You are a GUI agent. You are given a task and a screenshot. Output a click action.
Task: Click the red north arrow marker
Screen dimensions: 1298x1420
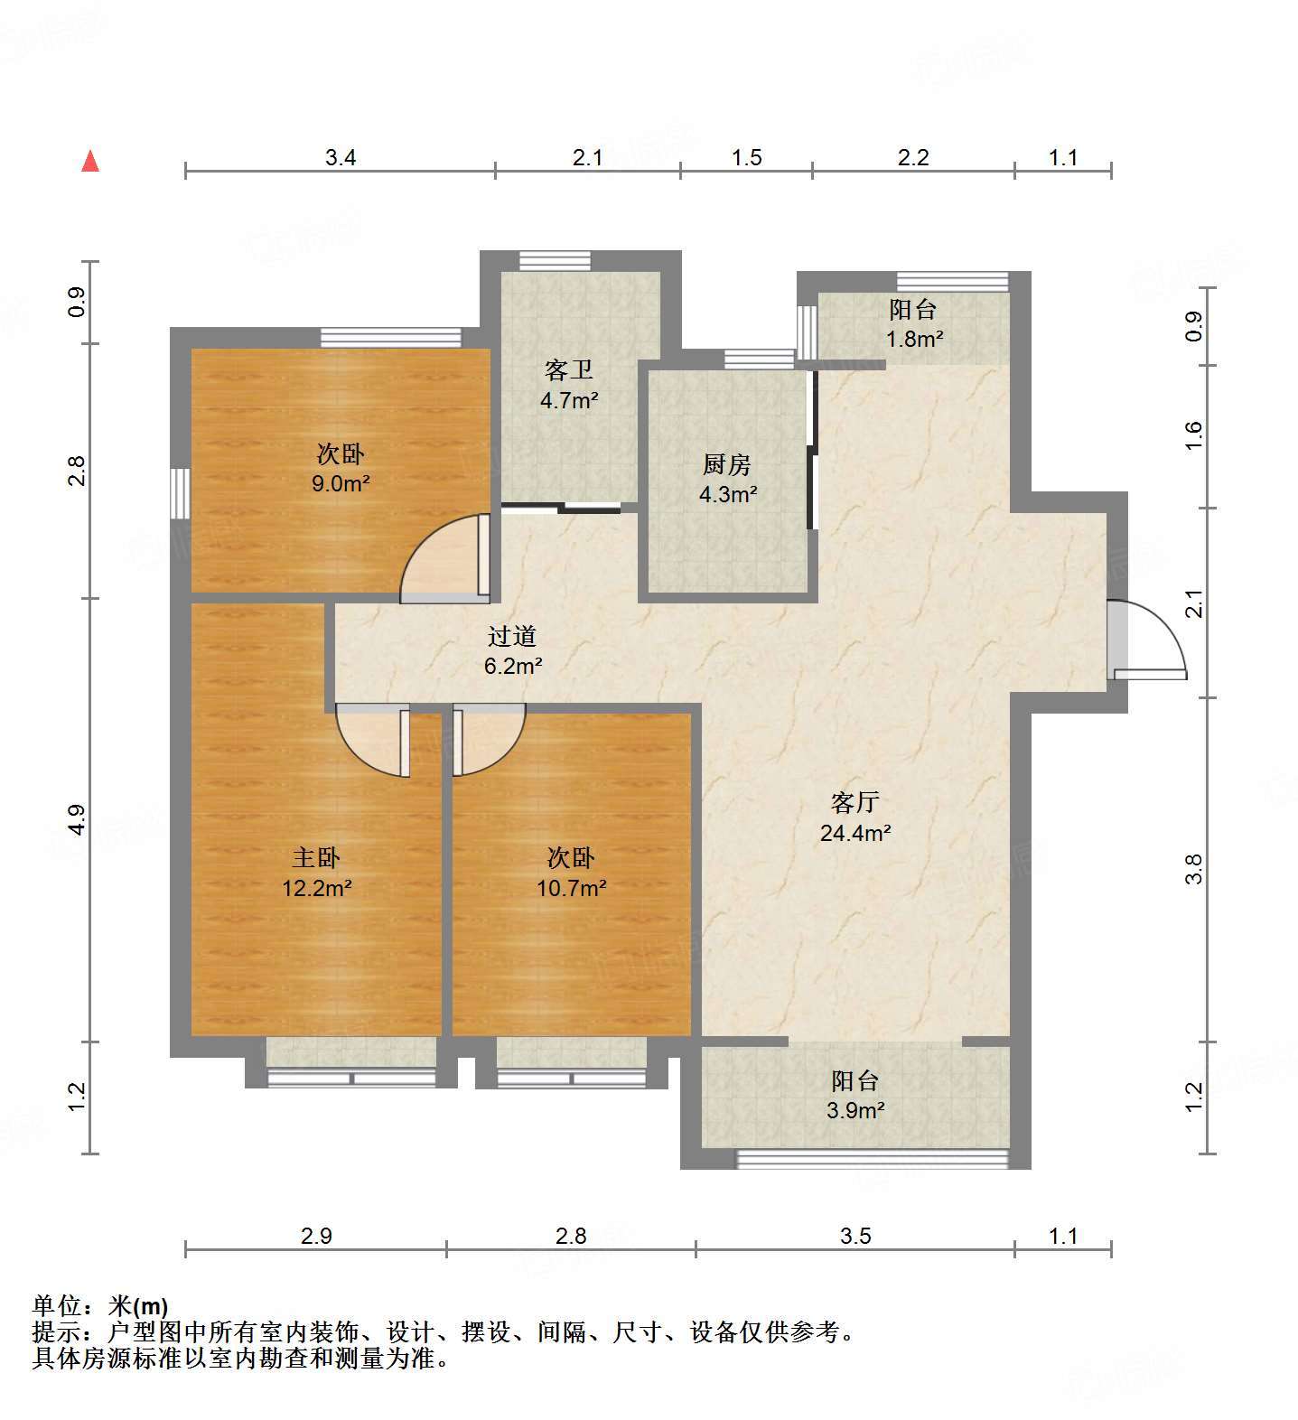click(x=89, y=162)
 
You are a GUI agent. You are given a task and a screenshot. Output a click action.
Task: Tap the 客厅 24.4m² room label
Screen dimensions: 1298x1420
click(x=855, y=817)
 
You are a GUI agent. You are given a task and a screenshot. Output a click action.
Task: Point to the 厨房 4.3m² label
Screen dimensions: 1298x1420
click(x=727, y=480)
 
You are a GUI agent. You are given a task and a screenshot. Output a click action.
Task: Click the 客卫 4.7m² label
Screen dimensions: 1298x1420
click(x=569, y=385)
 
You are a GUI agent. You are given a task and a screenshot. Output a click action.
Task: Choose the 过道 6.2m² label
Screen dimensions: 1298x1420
click(x=512, y=651)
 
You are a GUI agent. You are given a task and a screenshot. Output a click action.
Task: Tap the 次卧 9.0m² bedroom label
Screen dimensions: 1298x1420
click(x=341, y=468)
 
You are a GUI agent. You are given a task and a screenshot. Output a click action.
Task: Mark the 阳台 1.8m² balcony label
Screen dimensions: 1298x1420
click(x=913, y=324)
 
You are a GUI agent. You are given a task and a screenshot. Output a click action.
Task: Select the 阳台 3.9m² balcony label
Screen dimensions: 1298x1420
click(x=855, y=1095)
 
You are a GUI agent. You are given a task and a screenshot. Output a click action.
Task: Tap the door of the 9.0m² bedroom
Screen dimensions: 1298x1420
click(x=445, y=557)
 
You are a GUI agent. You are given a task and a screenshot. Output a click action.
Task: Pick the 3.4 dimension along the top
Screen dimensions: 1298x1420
click(x=341, y=158)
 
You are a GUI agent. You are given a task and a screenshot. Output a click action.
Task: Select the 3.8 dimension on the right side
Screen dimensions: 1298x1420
click(x=1194, y=869)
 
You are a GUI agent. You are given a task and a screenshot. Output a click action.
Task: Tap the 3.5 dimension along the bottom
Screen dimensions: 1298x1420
click(x=854, y=1236)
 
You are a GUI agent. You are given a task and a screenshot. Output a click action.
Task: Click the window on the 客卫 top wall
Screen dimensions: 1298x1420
click(x=555, y=260)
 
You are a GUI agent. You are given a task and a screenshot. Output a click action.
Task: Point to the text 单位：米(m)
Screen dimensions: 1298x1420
click(x=100, y=1306)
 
